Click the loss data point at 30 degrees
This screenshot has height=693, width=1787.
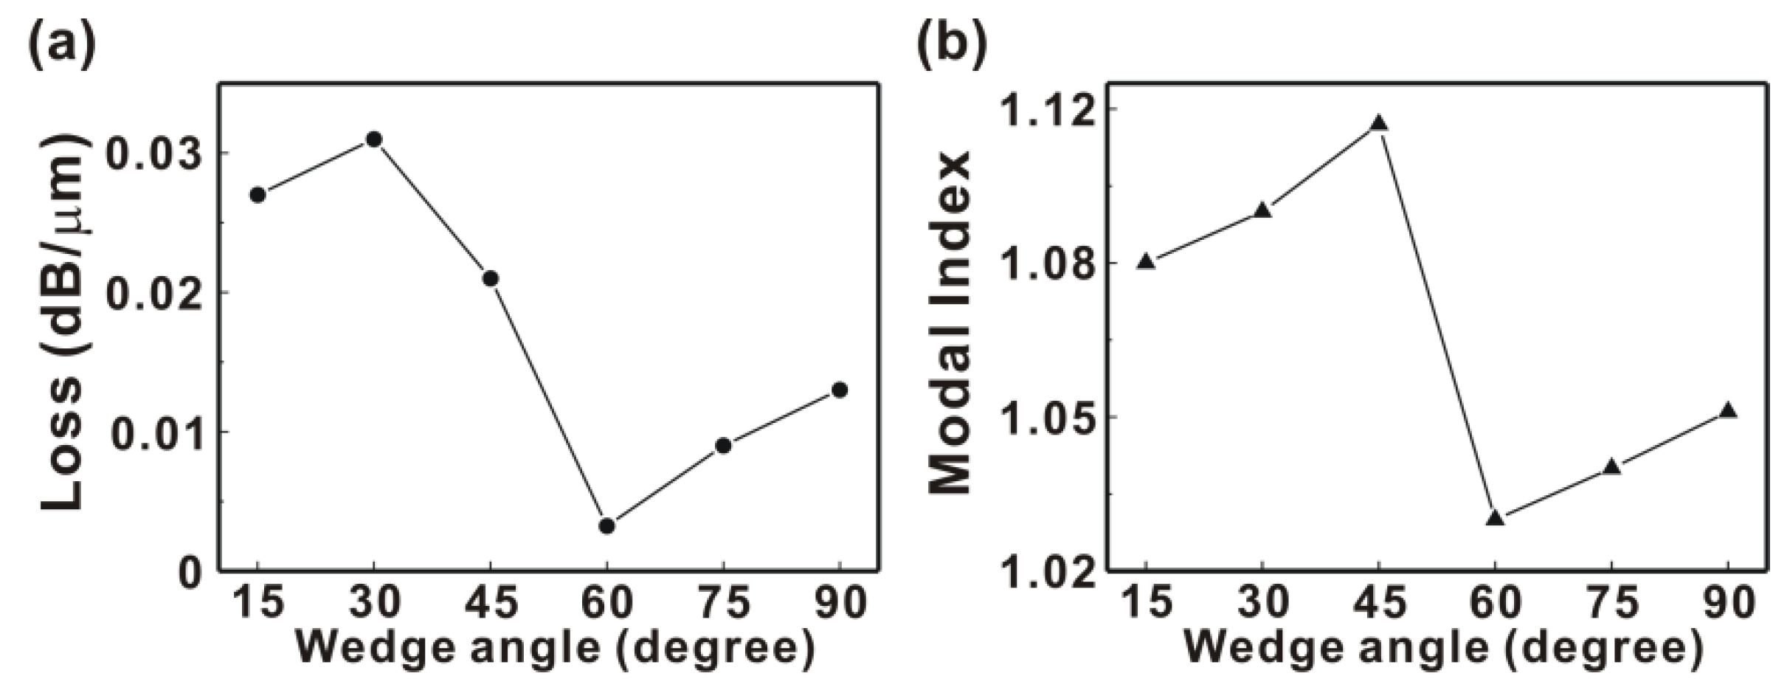pyautogui.click(x=374, y=139)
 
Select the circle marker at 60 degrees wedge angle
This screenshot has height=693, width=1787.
pyautogui.click(x=607, y=526)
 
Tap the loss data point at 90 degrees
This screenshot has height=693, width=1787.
pyautogui.click(x=840, y=390)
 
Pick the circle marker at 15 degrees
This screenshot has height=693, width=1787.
pyautogui.click(x=257, y=195)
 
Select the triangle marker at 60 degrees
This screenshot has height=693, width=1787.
pyautogui.click(x=1496, y=518)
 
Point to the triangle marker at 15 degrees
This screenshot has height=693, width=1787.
pyautogui.click(x=1146, y=261)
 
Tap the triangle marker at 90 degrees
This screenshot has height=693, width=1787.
pyautogui.click(x=1728, y=411)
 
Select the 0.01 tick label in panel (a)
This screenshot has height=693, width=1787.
pyautogui.click(x=156, y=433)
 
